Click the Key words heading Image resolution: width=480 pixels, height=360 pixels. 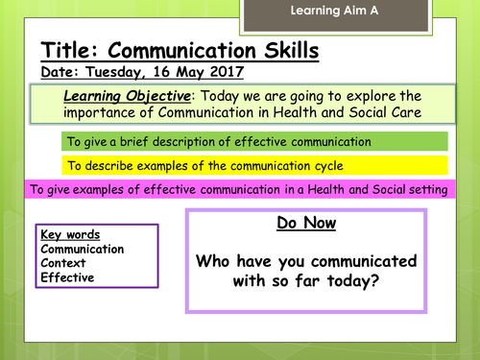(70, 235)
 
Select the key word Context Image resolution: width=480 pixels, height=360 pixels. (63, 264)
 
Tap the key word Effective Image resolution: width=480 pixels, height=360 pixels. (67, 277)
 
